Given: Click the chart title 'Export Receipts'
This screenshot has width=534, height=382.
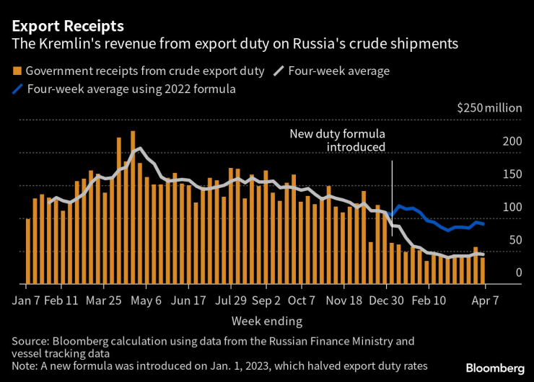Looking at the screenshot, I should click(x=67, y=26).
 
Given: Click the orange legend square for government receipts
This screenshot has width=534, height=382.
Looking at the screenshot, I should click(x=17, y=71).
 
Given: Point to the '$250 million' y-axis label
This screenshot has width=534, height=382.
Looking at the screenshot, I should click(x=489, y=108).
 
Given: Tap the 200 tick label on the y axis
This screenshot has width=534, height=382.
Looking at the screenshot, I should click(x=512, y=141).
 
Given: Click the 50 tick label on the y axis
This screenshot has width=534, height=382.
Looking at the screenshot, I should click(x=515, y=240).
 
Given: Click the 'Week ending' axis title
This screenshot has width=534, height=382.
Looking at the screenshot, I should click(x=266, y=321).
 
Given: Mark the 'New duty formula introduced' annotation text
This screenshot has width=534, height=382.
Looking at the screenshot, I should click(x=337, y=141).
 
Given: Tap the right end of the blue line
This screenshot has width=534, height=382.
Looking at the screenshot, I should click(x=483, y=224).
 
